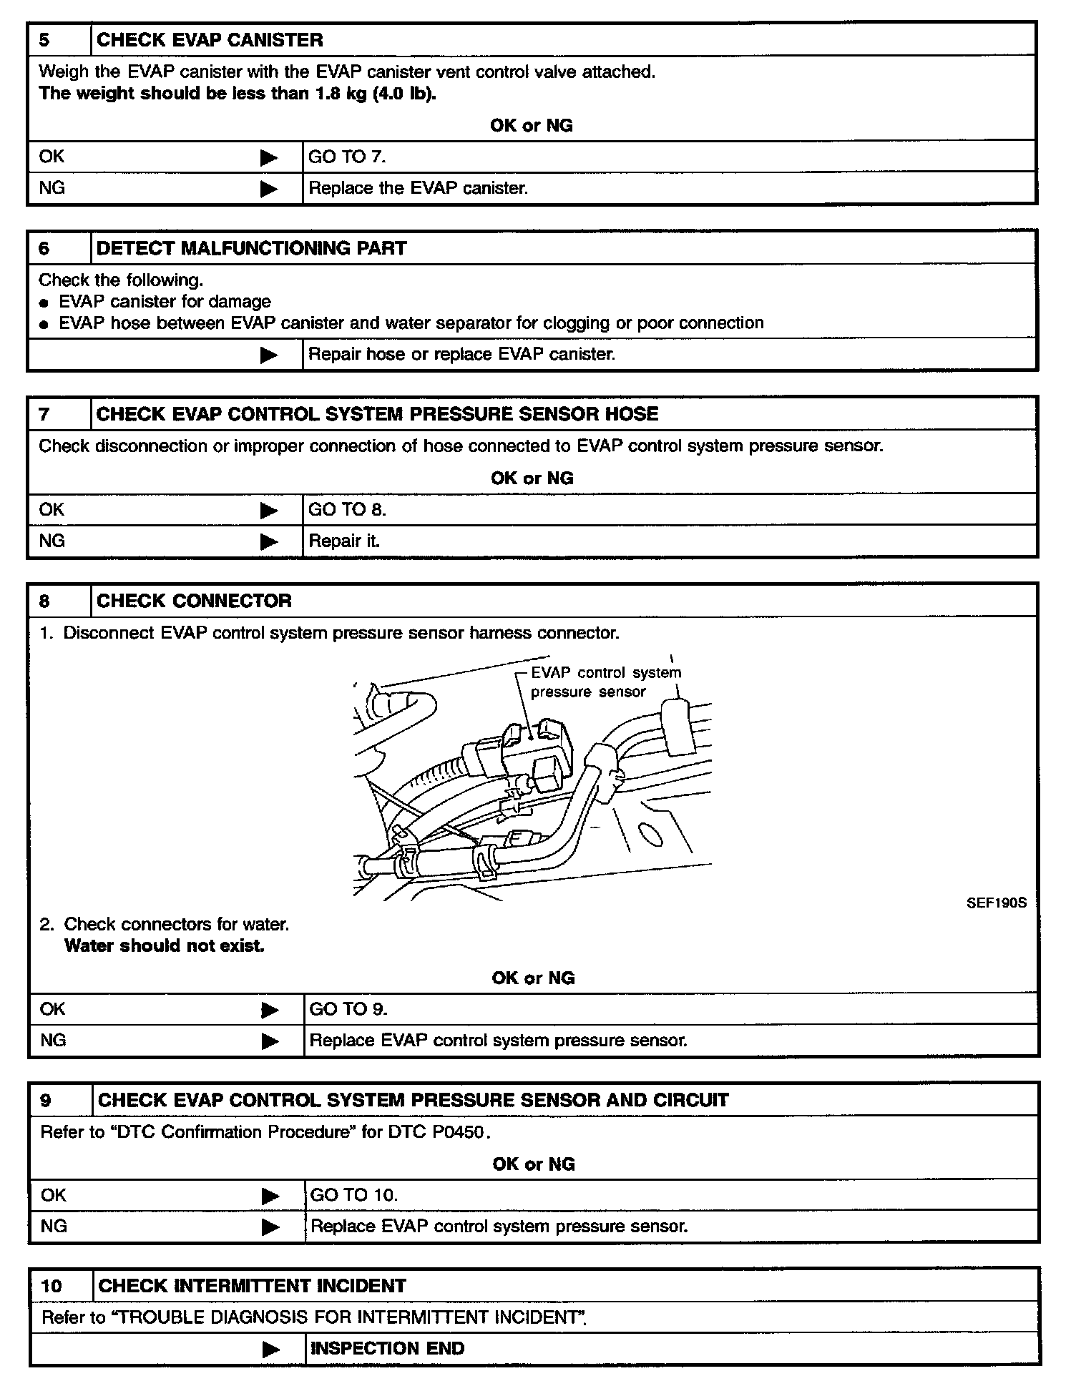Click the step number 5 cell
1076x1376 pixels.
tap(45, 40)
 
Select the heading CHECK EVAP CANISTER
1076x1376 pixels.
tap(210, 40)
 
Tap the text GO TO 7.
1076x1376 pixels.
tap(346, 157)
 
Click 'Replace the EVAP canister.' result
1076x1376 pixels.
tap(418, 188)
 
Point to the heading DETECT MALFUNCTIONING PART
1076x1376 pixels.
tap(251, 248)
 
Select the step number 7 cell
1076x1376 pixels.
tap(45, 414)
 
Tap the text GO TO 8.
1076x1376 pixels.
tap(347, 509)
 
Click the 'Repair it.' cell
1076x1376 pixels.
tap(344, 541)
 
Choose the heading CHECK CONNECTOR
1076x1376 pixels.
tap(194, 601)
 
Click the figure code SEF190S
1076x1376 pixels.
tap(996, 903)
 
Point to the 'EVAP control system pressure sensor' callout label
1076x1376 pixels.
tap(605, 682)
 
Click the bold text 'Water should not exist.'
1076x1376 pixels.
tap(165, 945)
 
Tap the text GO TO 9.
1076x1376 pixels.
tap(348, 1008)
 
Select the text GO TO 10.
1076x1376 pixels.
tap(353, 1194)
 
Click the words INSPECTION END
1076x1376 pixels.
tap(387, 1348)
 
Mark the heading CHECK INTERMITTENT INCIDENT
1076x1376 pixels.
tap(252, 1286)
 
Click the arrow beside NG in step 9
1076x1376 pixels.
tap(270, 1227)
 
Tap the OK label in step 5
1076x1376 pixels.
tap(52, 157)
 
